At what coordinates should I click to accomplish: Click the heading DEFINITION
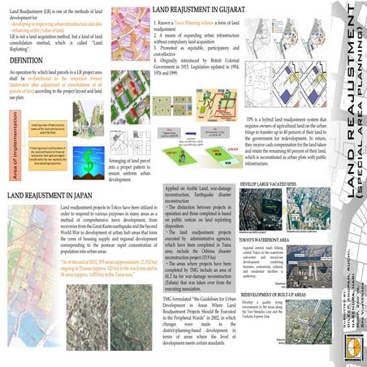tap(26, 60)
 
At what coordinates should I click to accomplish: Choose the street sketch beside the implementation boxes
tap(87, 119)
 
